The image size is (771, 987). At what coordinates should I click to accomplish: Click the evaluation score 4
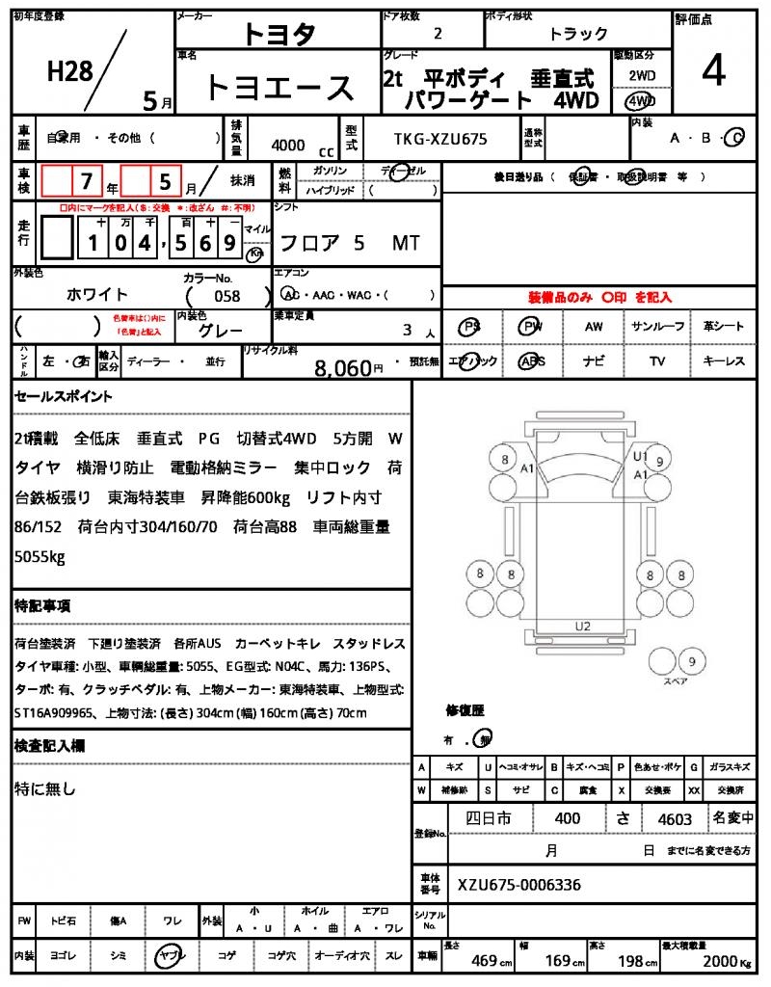pyautogui.click(x=713, y=73)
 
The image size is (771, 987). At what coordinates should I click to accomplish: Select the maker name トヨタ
pyautogui.click(x=279, y=35)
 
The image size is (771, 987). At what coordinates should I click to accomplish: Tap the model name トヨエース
pyautogui.click(x=279, y=88)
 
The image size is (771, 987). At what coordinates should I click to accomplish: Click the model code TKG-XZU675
pyautogui.click(x=440, y=139)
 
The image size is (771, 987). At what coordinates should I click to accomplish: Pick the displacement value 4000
pyautogui.click(x=288, y=146)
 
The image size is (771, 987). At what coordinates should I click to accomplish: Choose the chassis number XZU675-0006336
pyautogui.click(x=519, y=885)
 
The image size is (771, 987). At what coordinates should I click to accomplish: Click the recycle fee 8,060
pyautogui.click(x=342, y=366)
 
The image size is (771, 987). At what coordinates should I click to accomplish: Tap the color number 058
pyautogui.click(x=226, y=296)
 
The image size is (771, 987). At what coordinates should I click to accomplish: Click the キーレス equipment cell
pyautogui.click(x=724, y=361)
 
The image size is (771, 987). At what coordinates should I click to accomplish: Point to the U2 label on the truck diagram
pyautogui.click(x=582, y=626)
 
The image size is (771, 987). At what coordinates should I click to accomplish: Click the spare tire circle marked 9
pyautogui.click(x=690, y=661)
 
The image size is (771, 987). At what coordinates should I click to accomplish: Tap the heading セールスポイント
pyautogui.click(x=64, y=396)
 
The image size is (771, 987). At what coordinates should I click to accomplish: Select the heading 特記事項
pyautogui.click(x=41, y=606)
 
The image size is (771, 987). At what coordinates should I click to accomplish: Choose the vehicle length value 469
pyautogui.click(x=485, y=960)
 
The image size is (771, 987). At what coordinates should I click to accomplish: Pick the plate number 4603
pyautogui.click(x=675, y=819)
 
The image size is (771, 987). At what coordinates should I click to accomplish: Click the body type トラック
pyautogui.click(x=578, y=35)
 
